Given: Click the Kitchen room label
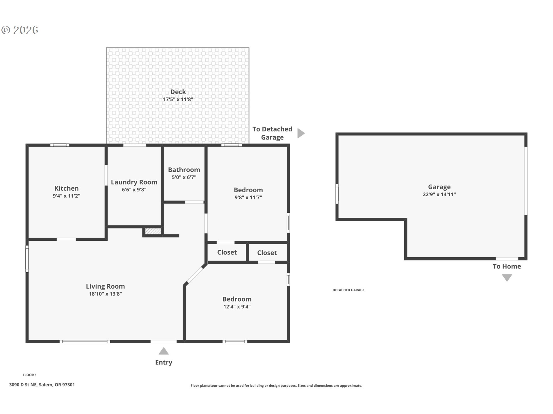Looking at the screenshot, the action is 67,188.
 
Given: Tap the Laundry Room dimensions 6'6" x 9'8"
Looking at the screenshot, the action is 134,190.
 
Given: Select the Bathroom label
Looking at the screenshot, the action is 184,170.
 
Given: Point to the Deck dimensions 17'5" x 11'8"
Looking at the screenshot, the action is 178,99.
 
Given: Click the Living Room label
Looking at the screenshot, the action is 105,286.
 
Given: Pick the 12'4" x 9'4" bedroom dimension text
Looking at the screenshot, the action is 237,307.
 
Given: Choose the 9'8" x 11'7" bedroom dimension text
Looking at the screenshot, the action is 248,198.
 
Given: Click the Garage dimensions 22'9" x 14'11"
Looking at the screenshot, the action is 439,194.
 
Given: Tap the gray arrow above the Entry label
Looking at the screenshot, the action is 164,351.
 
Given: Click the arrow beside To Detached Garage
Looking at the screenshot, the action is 301,133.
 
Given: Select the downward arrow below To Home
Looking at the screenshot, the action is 507,278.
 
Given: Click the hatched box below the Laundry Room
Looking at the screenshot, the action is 153,231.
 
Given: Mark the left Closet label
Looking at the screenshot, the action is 227,252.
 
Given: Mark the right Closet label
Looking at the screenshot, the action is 267,253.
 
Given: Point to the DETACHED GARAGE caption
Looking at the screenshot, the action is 349,290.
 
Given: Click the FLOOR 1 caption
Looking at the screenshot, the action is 30,375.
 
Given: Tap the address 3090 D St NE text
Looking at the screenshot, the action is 23,385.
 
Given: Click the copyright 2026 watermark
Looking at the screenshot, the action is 20,30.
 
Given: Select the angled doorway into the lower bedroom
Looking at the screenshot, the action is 195,275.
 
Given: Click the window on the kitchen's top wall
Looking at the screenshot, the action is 60,145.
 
